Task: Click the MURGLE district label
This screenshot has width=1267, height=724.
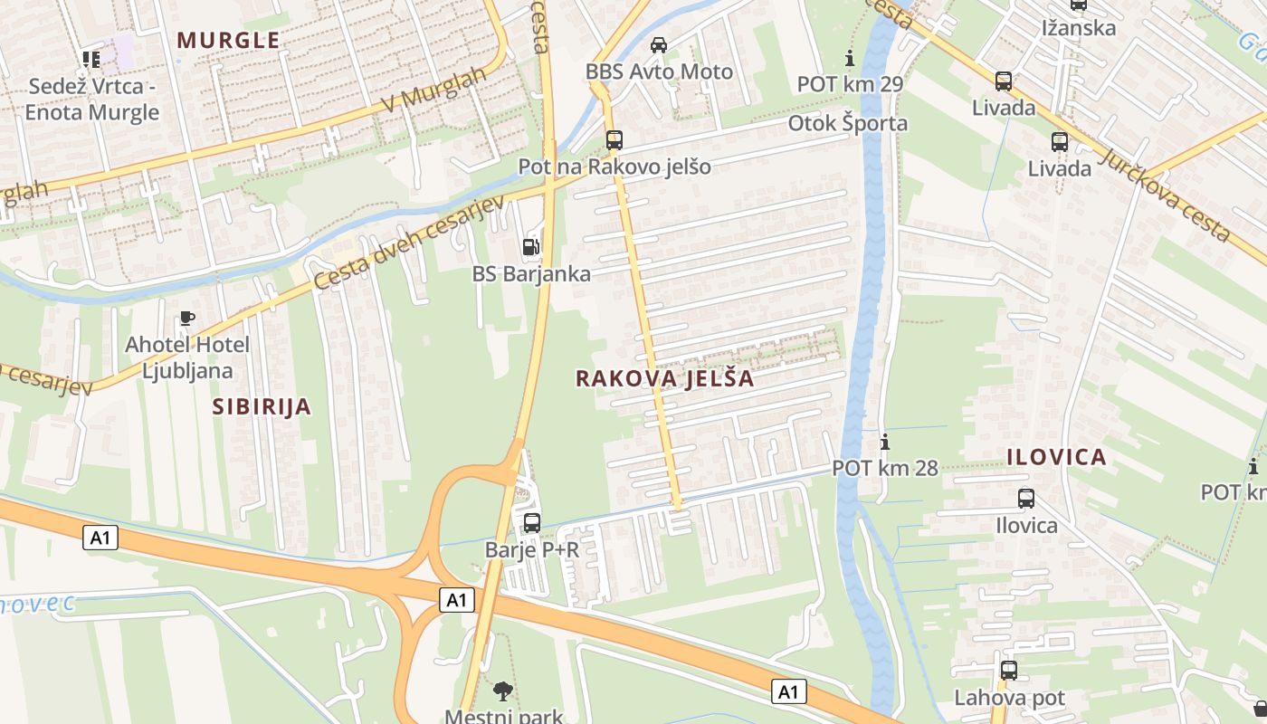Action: tap(228, 41)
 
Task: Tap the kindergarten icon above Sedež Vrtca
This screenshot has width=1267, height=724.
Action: tap(90, 60)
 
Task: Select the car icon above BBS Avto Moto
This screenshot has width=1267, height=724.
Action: tap(659, 44)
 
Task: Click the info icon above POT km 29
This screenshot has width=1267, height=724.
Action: tap(849, 59)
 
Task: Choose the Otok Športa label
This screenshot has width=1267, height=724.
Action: tap(847, 123)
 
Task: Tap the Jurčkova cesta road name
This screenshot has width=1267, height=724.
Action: tap(1166, 195)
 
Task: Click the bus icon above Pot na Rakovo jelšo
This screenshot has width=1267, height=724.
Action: tap(614, 140)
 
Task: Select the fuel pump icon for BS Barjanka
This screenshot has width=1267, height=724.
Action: tap(531, 247)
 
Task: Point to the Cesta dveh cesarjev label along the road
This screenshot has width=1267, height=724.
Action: tap(408, 243)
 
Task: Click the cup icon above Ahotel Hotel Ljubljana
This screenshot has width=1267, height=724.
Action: tap(186, 318)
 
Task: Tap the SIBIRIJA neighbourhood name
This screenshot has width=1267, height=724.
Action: tap(262, 406)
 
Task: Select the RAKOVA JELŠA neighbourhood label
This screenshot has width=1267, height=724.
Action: tap(665, 378)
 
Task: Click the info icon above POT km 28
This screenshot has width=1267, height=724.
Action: tap(885, 443)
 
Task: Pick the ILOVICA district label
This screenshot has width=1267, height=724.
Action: tap(1056, 457)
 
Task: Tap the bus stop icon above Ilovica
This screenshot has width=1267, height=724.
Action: tap(1026, 499)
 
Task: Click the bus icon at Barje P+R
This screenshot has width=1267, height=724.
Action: tap(532, 522)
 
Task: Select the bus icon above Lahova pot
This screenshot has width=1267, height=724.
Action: tap(1009, 671)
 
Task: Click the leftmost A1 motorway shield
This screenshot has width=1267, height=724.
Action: tap(100, 538)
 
